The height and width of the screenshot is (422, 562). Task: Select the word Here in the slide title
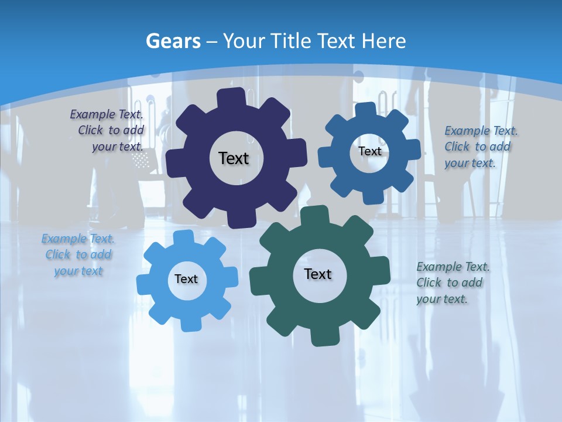pos(384,41)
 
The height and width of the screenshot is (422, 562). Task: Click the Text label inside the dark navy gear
pos(234,158)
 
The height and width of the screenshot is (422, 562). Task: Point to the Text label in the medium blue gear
pos(369,151)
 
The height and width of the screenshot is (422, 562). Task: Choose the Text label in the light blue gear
pos(186,280)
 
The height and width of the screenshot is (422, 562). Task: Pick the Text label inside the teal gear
pos(318,274)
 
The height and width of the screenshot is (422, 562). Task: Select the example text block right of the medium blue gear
pos(480,147)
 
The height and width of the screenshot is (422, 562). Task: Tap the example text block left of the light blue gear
pos(78,255)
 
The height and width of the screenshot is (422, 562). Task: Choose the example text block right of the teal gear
pos(453,283)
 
